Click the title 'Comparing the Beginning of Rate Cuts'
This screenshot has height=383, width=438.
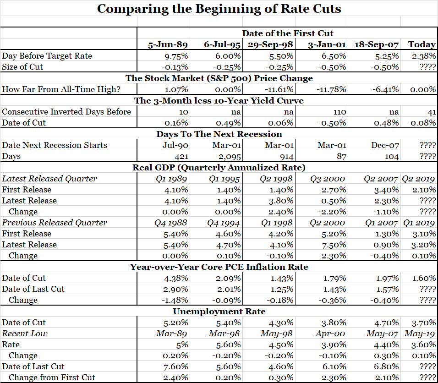click(219, 9)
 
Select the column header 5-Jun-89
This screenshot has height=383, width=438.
click(168, 44)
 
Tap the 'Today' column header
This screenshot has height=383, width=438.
click(422, 44)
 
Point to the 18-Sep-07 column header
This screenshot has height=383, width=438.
click(377, 44)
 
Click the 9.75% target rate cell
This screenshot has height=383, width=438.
click(176, 56)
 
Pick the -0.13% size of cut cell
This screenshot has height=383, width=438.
click(175, 67)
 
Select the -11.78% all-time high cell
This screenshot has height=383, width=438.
click(331, 89)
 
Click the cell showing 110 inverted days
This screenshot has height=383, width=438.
click(339, 112)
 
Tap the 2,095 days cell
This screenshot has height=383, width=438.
click(230, 156)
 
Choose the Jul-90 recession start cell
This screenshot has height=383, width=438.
click(175, 145)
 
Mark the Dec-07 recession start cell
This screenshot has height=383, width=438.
click(385, 145)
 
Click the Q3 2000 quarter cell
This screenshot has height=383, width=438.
click(328, 179)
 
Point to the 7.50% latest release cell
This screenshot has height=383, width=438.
click(334, 245)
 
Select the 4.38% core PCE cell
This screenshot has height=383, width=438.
click(176, 278)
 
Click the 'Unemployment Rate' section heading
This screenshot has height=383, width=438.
click(219, 311)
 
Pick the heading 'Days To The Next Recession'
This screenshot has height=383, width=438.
click(219, 134)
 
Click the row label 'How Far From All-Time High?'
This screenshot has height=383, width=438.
click(61, 89)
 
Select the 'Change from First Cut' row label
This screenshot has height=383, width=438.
click(52, 378)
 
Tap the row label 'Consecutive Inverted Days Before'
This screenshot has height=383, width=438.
click(66, 112)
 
